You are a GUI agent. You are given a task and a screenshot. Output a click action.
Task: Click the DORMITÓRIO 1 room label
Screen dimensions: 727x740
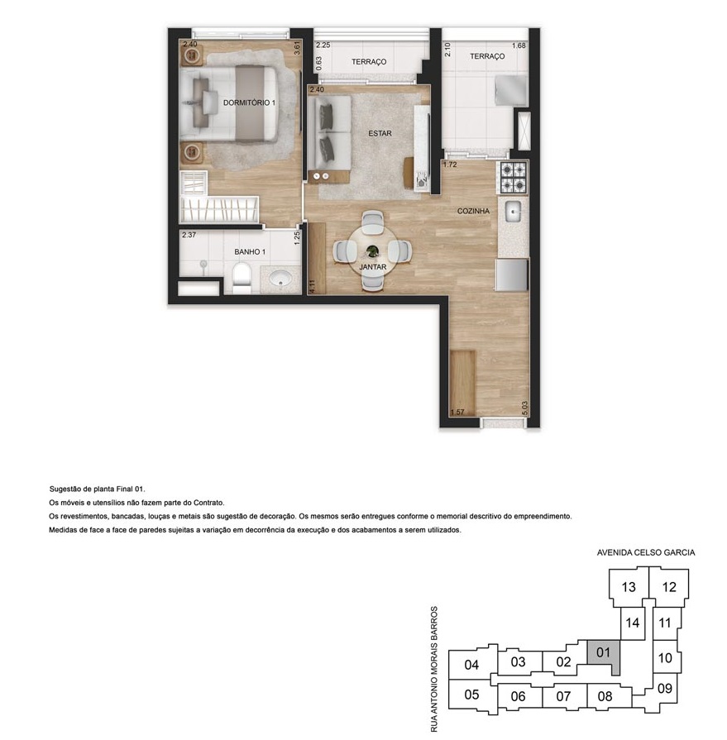coord(249,103)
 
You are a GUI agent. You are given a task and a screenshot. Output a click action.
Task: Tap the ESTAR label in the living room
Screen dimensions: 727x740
coord(380,134)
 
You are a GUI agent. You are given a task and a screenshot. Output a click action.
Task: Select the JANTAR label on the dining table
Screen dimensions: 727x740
coord(373,267)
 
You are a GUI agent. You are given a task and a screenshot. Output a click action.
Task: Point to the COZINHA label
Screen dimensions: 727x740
coord(473,211)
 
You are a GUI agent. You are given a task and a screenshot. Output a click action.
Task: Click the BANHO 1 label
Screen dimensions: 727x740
coord(250,252)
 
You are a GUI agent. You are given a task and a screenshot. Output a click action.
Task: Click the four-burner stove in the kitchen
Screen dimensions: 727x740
coord(513,178)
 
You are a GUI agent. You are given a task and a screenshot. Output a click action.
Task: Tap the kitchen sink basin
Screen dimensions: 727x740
coord(513,211)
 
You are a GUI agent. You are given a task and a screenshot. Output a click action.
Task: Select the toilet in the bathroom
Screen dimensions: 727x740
coord(242,279)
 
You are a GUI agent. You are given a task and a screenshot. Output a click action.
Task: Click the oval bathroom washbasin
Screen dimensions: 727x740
coord(282,279)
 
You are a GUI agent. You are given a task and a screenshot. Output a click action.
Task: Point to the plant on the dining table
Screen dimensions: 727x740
coord(372,251)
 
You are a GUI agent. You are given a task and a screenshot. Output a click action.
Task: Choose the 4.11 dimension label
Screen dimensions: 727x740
coord(311,286)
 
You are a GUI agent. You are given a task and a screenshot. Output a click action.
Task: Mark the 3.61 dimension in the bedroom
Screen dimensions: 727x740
coord(297,48)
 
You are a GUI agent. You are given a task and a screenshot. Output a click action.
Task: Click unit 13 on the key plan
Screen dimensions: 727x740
coord(629,587)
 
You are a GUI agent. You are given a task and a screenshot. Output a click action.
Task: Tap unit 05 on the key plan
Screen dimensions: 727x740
coord(471,695)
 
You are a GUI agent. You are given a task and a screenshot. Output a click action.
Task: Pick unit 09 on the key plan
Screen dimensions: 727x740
coord(665,689)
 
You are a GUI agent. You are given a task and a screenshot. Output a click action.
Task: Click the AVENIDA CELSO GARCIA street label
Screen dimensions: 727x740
coord(646,552)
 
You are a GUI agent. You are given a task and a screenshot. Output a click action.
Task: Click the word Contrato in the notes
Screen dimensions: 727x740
coord(208,503)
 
